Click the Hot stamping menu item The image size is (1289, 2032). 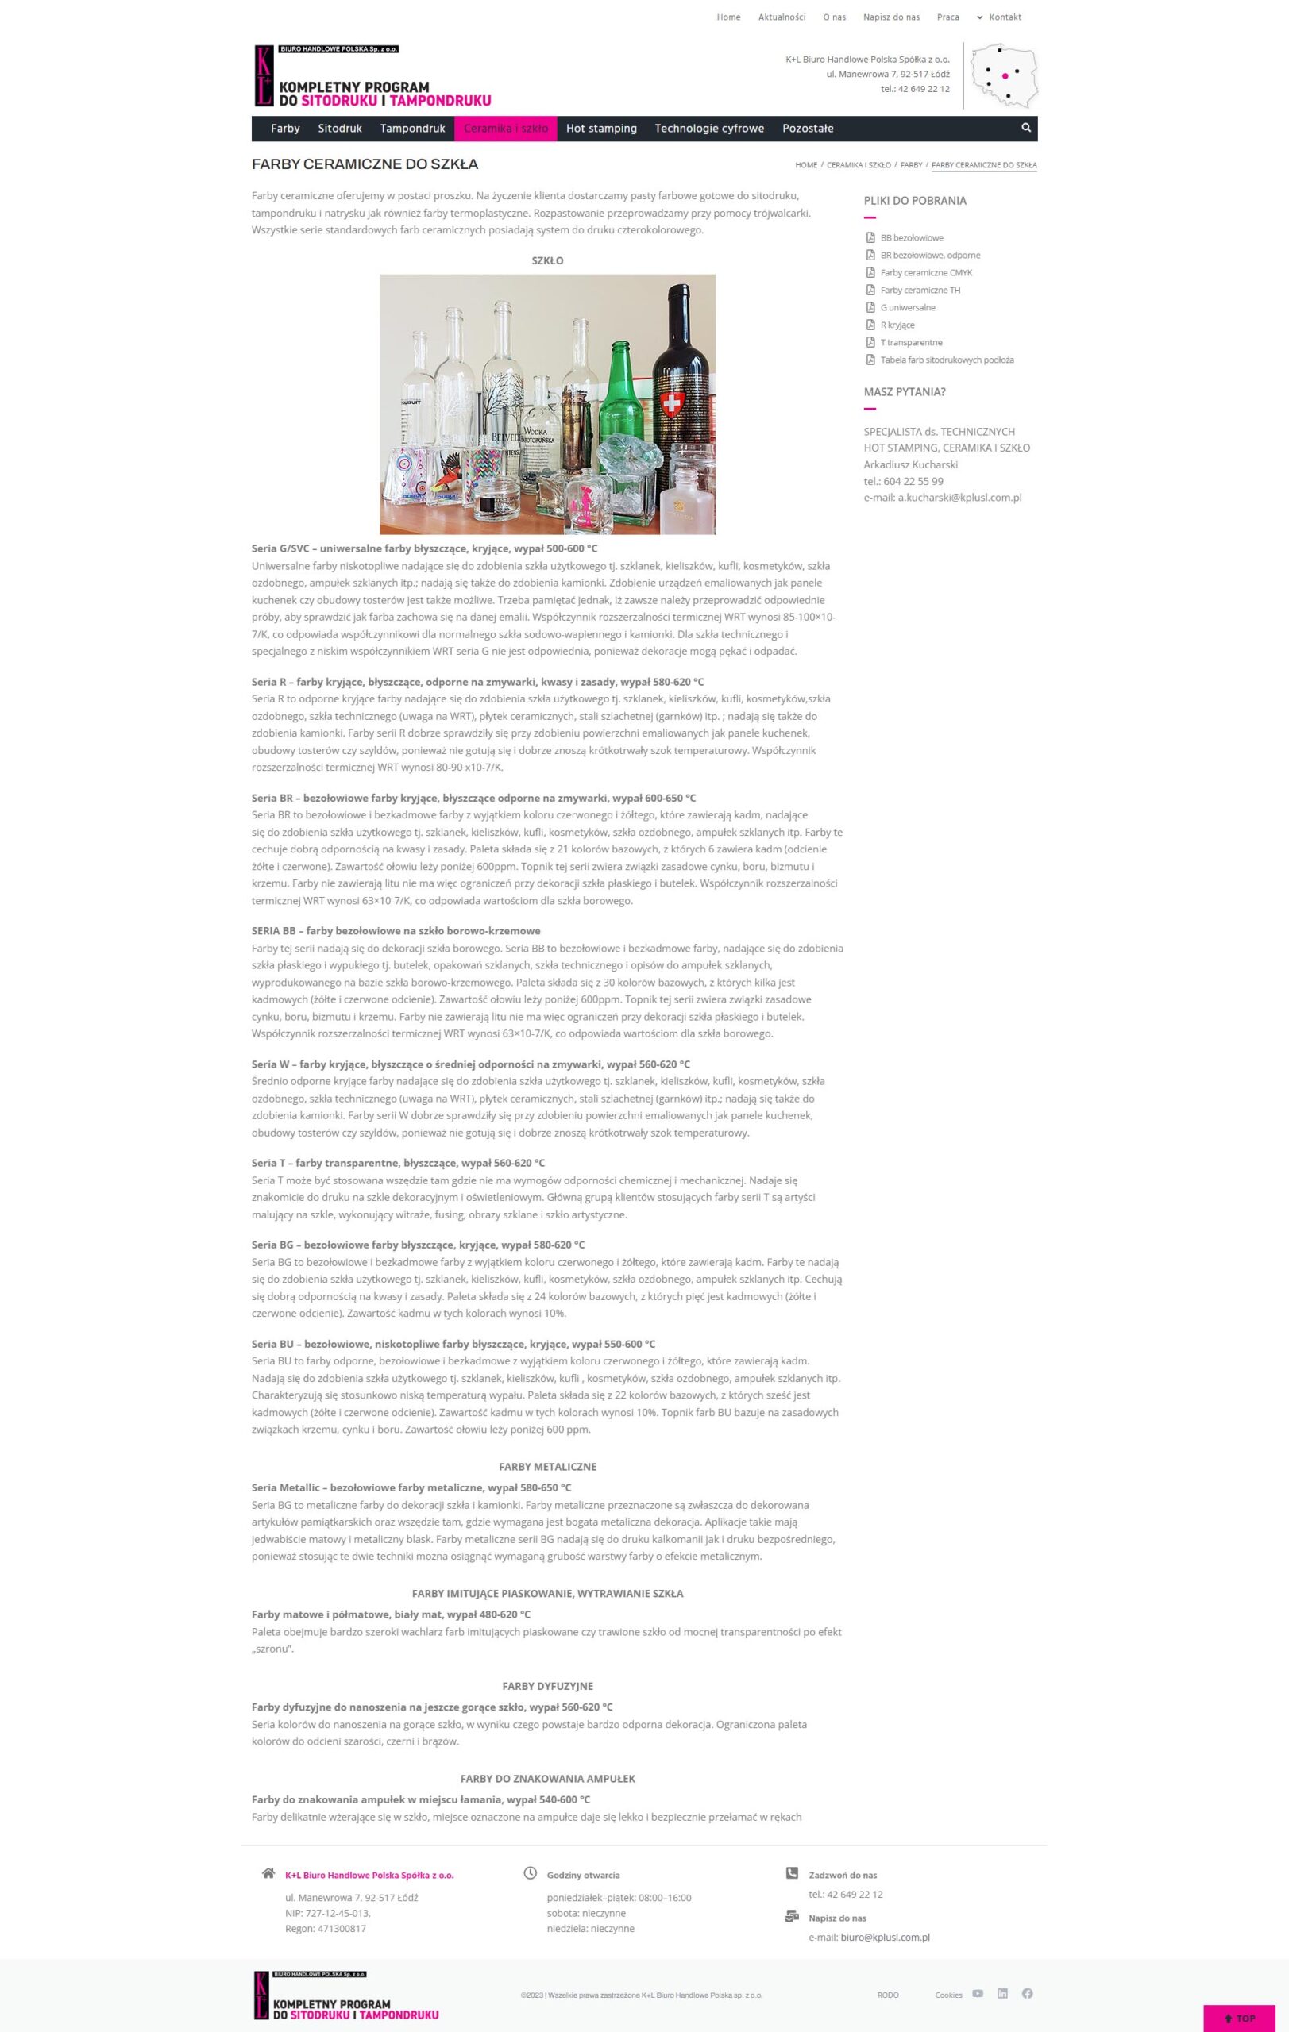pyautogui.click(x=601, y=129)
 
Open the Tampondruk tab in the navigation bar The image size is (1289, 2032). pyautogui.click(x=412, y=129)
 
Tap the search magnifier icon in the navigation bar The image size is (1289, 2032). pyautogui.click(x=1025, y=128)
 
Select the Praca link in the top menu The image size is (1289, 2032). pyautogui.click(x=947, y=17)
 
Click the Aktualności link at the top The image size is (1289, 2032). pyautogui.click(x=781, y=17)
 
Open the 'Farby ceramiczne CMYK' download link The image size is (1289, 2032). pyautogui.click(x=926, y=272)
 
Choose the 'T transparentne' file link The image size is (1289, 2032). pyautogui.click(x=911, y=343)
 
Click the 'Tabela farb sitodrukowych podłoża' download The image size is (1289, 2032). pyautogui.click(x=946, y=360)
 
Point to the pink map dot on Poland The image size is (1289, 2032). pyautogui.click(x=1005, y=76)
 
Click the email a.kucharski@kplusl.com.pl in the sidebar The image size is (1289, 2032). pyautogui.click(x=959, y=498)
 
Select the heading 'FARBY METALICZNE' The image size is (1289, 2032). pyautogui.click(x=547, y=1467)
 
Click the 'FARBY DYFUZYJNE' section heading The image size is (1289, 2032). pyautogui.click(x=547, y=1686)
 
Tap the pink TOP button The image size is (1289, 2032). pyautogui.click(x=1239, y=2018)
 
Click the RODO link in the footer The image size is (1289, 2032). pyautogui.click(x=887, y=1995)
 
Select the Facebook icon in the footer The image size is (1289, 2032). pyautogui.click(x=1026, y=1993)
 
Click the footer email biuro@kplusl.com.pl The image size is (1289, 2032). pyautogui.click(x=885, y=1938)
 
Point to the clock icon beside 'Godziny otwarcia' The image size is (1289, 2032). pyautogui.click(x=530, y=1873)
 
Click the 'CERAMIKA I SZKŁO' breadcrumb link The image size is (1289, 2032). pyautogui.click(x=859, y=165)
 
